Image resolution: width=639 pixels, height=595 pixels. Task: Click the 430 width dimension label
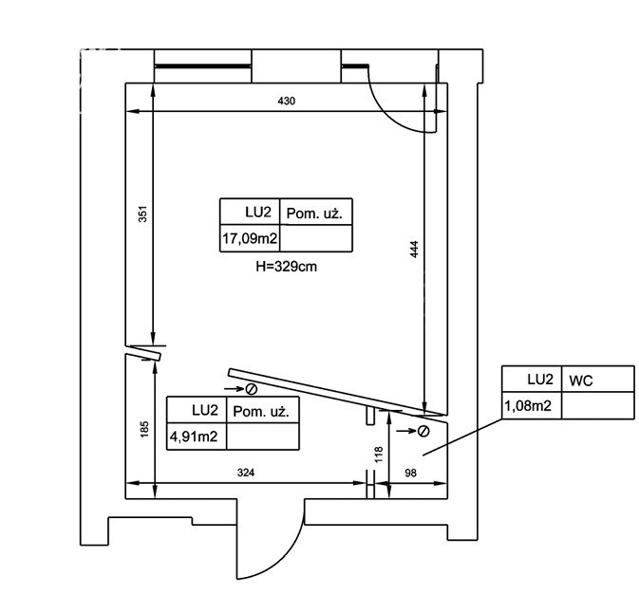286,101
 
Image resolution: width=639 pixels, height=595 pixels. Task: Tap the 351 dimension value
142,214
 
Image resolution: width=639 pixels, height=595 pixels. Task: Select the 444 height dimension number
414,250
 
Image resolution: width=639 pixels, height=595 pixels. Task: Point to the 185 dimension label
144,429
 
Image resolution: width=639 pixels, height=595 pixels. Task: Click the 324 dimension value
246,473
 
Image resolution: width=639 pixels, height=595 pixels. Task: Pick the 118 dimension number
379,455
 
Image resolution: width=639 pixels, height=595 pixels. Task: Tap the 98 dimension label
410,473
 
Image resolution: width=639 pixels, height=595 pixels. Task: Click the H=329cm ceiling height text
286,267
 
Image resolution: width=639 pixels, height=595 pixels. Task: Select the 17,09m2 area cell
250,238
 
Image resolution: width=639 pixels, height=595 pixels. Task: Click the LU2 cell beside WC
532,380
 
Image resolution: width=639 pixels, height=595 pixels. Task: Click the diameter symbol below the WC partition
423,431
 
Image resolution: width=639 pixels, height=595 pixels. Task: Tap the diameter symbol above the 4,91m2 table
252,389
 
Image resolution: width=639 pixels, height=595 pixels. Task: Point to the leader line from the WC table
463,437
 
